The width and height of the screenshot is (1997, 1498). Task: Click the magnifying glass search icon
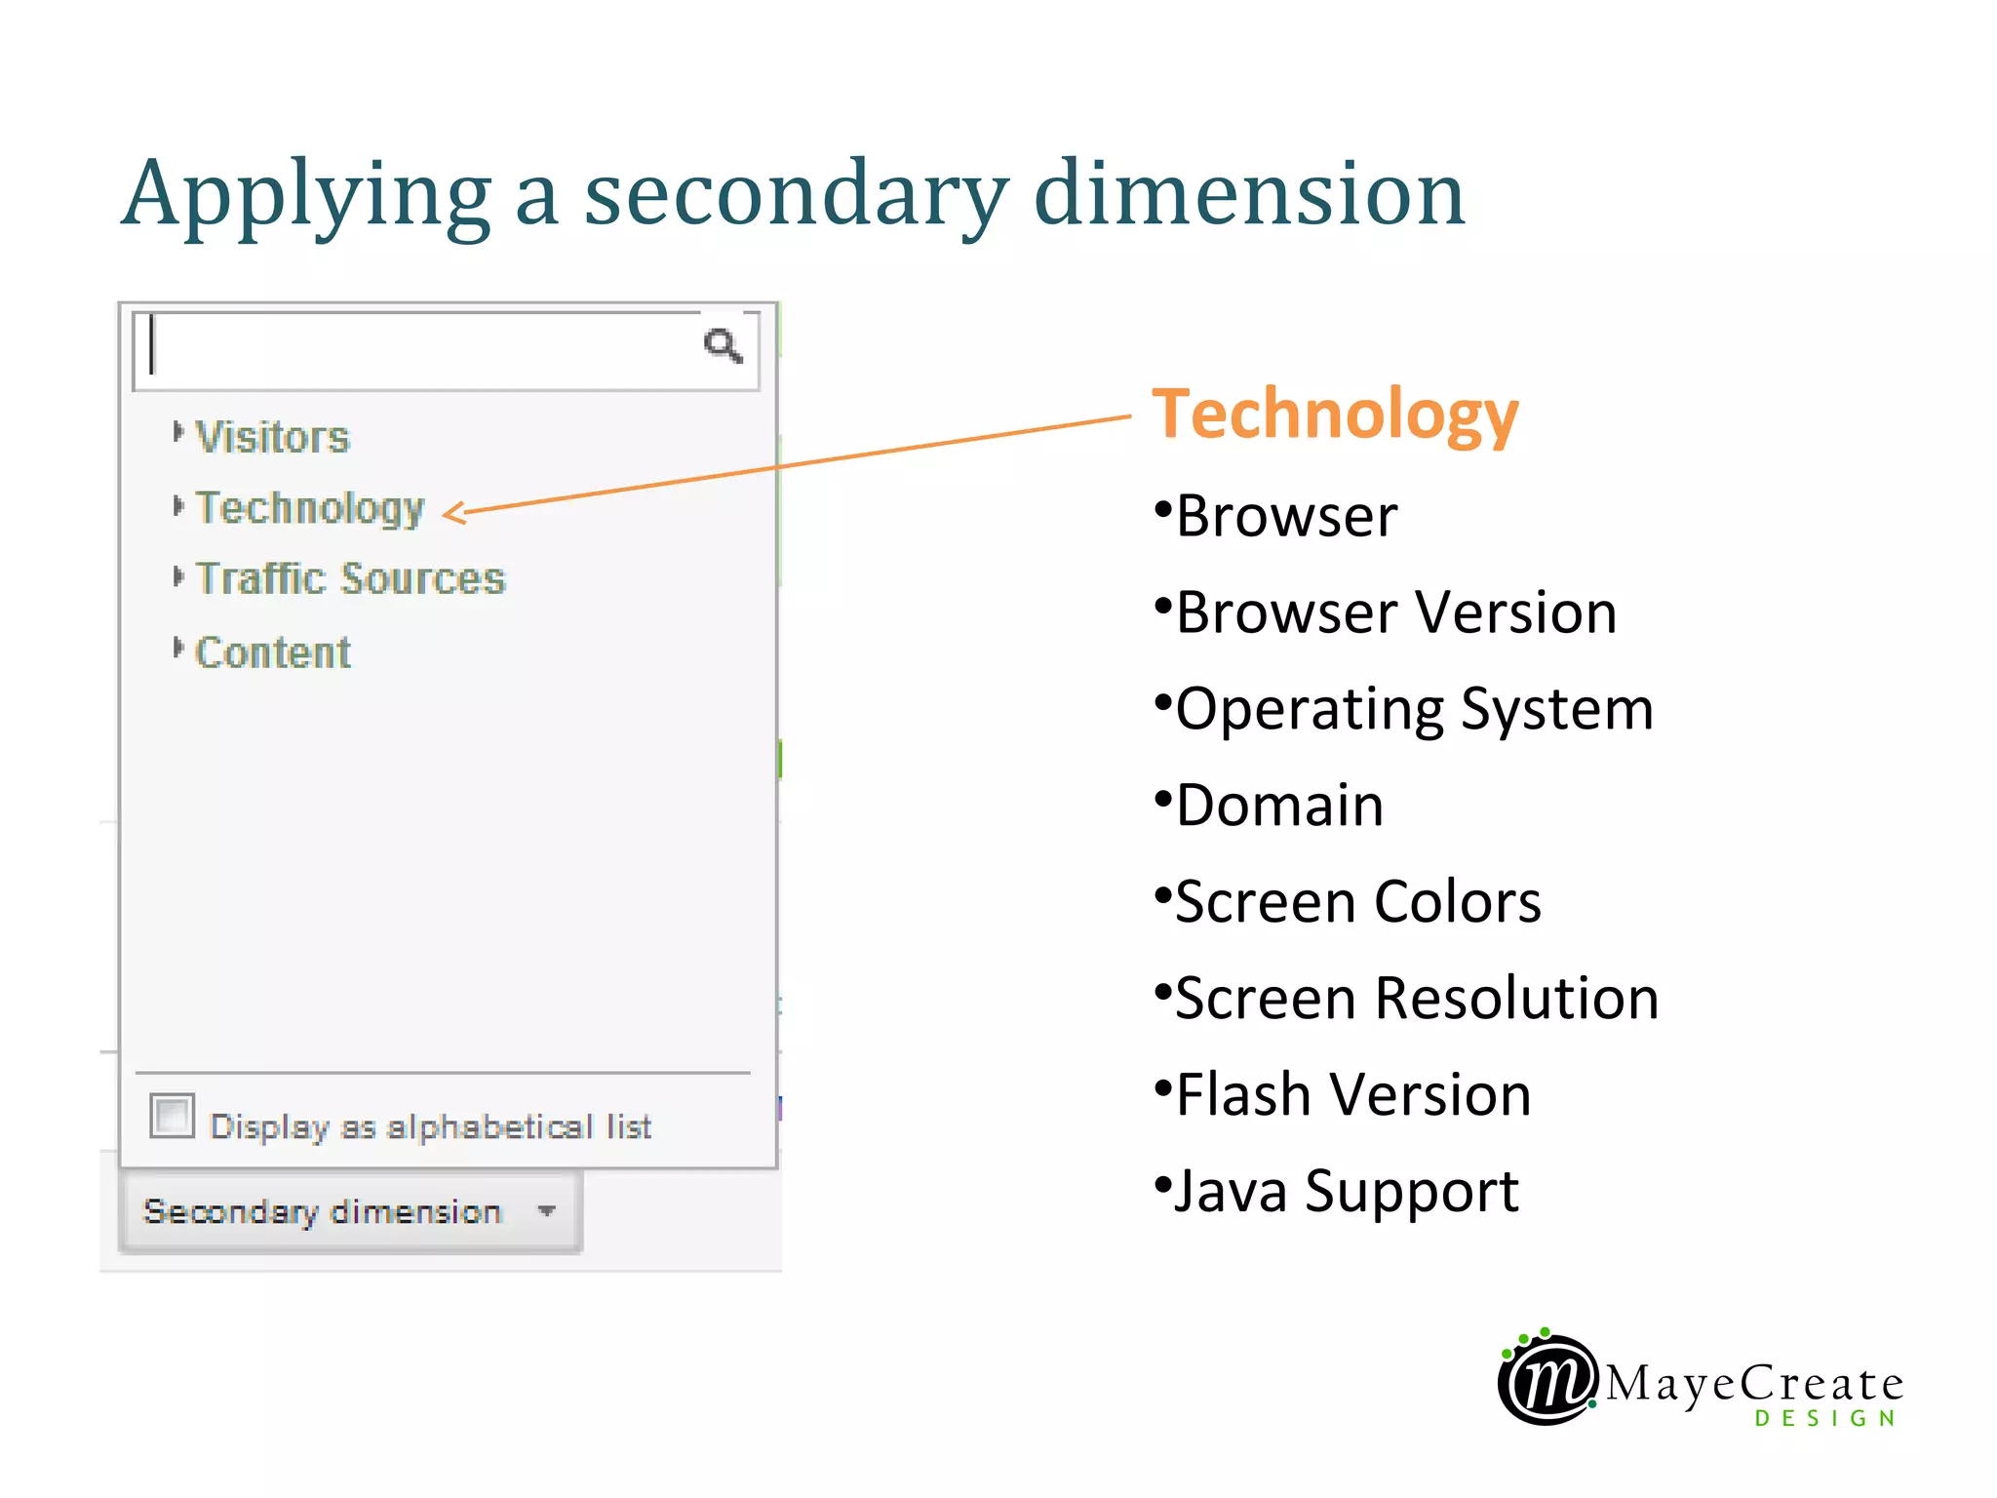723,345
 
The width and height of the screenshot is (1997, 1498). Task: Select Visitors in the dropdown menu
272,437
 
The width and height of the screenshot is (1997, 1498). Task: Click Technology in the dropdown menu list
310,508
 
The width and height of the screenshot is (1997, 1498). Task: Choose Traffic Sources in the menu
351,579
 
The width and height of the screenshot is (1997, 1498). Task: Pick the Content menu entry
273,652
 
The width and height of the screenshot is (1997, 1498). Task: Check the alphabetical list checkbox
173,1116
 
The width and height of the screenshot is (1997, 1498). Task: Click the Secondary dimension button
350,1211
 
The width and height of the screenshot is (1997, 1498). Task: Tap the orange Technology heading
1335,415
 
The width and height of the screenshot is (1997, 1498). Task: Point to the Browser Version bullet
1395,612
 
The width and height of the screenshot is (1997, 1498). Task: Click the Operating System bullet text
1414,709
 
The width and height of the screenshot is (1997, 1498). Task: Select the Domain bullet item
1279,806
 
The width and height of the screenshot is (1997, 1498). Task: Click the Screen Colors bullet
1357,902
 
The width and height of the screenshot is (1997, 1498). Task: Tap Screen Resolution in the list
1416,999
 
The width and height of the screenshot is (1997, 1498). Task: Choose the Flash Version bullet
1352,1094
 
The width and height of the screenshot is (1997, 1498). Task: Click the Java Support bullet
1347,1191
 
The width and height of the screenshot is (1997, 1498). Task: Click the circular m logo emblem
1547,1379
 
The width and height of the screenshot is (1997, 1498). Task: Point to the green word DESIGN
1825,1418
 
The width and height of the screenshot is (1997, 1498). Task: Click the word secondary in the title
796,194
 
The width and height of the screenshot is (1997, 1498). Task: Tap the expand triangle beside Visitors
177,431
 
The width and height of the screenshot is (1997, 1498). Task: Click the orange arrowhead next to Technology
453,512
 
